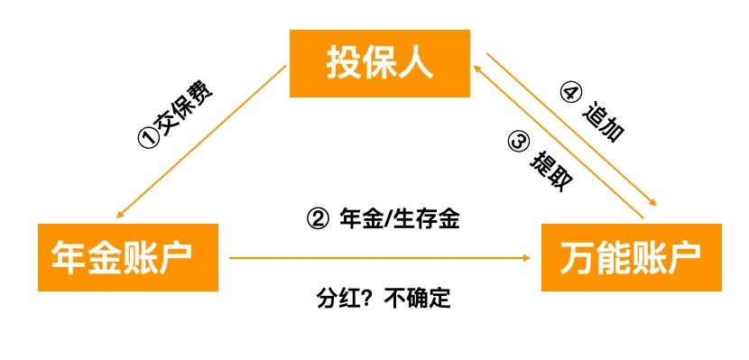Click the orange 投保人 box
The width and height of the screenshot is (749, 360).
(x=379, y=64)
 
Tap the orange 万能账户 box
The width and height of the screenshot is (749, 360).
(x=631, y=257)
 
